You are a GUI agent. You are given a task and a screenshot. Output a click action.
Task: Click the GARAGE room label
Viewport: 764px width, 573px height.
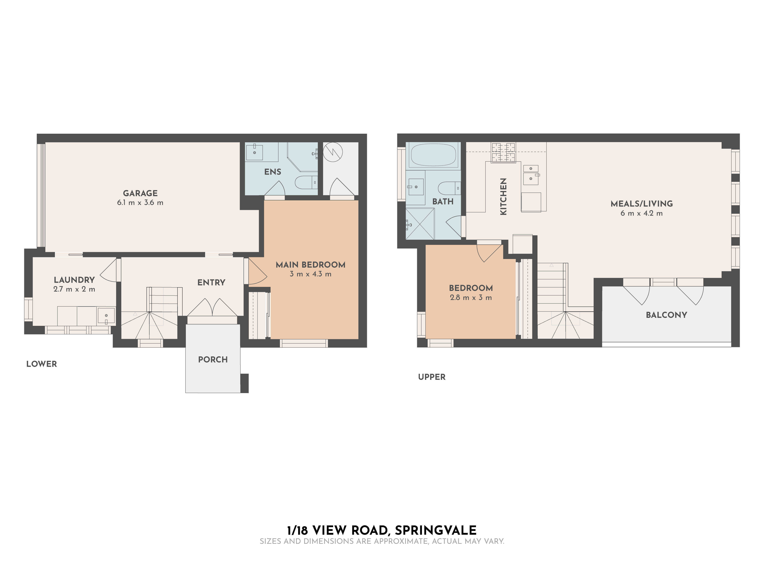pyautogui.click(x=140, y=193)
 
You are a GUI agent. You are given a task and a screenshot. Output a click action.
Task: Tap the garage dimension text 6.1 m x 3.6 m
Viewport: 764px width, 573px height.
pyautogui.click(x=140, y=203)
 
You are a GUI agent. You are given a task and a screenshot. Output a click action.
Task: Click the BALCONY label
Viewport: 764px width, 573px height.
pyautogui.click(x=666, y=315)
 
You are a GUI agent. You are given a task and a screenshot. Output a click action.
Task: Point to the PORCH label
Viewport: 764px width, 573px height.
pyautogui.click(x=213, y=359)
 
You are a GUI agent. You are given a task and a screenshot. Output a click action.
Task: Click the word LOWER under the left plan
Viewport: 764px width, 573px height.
pyautogui.click(x=41, y=364)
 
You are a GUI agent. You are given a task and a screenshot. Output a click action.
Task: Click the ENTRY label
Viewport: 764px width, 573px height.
pyautogui.click(x=211, y=282)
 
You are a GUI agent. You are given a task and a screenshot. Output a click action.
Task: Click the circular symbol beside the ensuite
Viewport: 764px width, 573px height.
pyautogui.click(x=333, y=152)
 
